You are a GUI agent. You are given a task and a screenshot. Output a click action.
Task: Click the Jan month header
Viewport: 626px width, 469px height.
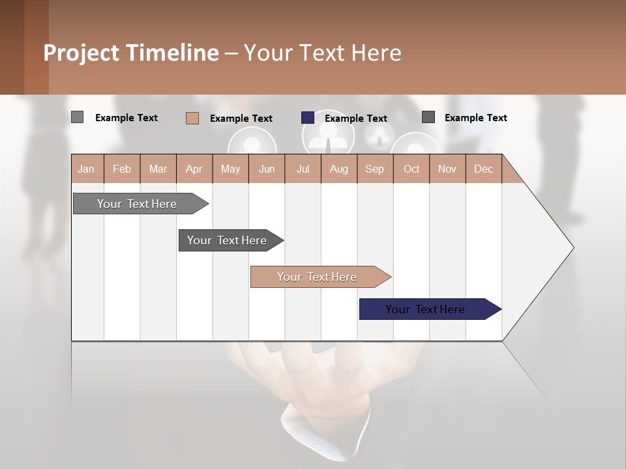86,169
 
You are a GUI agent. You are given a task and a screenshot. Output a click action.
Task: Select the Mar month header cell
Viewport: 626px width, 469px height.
158,169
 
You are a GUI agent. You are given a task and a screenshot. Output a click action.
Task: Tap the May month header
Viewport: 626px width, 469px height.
230,169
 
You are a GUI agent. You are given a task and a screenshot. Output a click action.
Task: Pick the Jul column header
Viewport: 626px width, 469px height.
303,169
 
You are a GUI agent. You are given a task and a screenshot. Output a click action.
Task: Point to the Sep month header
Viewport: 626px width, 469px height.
374,169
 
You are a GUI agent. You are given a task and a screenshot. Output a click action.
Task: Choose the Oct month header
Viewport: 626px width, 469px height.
411,169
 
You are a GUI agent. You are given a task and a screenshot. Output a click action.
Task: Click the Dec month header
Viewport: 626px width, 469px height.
483,169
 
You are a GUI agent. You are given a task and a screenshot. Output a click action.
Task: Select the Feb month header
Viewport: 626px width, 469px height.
122,169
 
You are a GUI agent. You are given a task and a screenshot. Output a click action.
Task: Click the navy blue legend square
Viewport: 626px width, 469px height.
308,118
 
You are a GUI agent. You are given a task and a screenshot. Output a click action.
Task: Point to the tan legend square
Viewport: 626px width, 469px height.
192,118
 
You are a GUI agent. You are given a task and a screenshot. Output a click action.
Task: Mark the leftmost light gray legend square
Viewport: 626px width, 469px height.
77,117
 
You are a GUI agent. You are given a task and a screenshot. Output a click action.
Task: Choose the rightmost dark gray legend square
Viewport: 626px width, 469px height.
428,117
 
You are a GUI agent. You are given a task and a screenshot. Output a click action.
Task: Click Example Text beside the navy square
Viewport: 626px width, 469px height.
355,119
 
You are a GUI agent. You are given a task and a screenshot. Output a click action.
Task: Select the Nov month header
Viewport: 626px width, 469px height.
447,169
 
